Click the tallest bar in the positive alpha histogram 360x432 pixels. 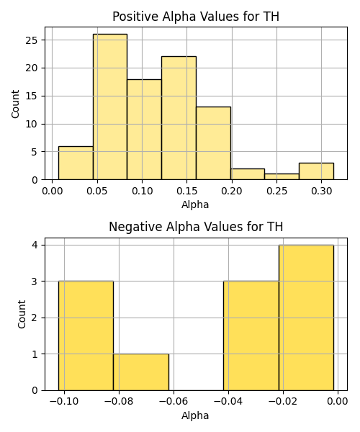point(110,107)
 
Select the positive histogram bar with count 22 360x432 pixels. point(179,118)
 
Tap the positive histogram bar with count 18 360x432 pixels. point(144,130)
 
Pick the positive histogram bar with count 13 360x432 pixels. point(213,143)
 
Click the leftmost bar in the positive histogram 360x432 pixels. point(76,163)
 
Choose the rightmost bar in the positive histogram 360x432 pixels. point(317,171)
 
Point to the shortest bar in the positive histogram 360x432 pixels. point(282,177)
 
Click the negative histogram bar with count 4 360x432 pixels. point(306,318)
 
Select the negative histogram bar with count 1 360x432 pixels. point(141,372)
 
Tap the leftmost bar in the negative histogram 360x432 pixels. point(86,336)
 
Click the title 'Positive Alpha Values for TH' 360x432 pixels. point(196,17)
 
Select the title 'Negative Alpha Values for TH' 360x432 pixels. point(196,227)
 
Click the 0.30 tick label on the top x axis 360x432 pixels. point(321,191)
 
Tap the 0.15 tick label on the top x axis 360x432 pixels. point(187,191)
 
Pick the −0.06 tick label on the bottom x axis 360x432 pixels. point(174,402)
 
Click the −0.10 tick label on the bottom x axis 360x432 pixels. point(64,402)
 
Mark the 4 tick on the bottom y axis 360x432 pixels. point(35,245)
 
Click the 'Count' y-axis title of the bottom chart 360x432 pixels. point(22,315)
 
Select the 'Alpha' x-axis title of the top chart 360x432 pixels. point(195,204)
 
